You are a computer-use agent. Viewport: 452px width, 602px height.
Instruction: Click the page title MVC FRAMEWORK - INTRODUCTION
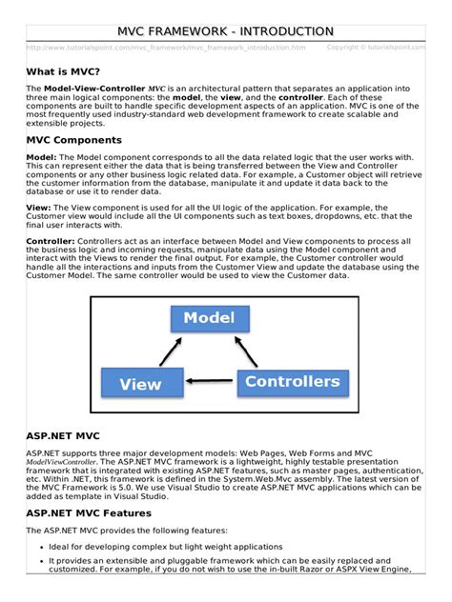click(226, 32)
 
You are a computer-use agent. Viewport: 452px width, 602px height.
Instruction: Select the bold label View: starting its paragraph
click(39, 206)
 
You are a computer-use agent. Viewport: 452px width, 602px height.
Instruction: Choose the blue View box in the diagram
click(140, 385)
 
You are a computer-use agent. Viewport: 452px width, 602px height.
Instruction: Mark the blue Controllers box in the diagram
click(292, 383)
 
